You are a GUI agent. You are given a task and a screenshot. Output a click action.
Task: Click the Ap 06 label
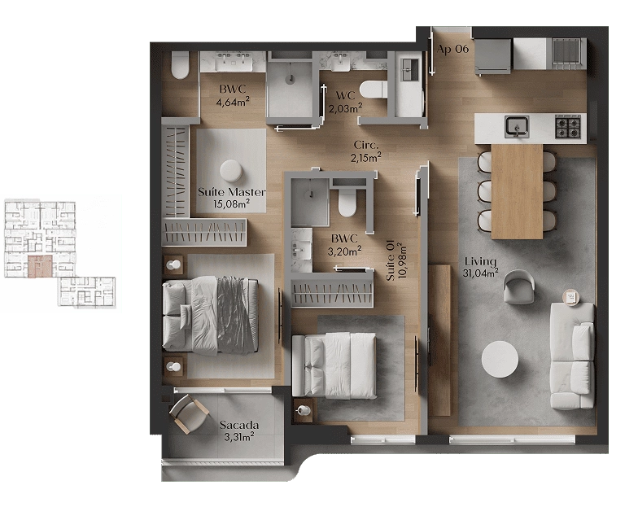tap(452, 49)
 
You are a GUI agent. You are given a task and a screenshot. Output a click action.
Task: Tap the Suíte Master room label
tap(231, 197)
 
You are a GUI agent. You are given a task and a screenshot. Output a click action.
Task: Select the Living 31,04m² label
tap(481, 267)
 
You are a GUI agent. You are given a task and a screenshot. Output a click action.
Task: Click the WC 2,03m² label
tap(345, 102)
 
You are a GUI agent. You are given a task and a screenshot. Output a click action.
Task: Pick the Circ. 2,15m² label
tap(366, 151)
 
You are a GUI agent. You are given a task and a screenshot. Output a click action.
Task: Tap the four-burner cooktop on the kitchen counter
tap(568, 125)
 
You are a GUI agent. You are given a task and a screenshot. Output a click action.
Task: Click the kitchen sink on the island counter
tap(518, 126)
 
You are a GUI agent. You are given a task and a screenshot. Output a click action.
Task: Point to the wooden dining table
tap(518, 192)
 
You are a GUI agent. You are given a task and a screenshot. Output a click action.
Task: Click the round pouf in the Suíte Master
tap(231, 171)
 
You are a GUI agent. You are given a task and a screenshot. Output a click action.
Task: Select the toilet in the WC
tap(374, 90)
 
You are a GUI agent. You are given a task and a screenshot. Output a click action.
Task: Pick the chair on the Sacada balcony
tap(189, 413)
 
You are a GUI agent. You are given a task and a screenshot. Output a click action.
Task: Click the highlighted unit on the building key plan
tap(40, 267)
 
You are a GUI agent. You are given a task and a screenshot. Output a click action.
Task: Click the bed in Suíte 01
tap(334, 365)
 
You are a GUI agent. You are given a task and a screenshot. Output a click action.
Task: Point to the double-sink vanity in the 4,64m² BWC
tap(233, 62)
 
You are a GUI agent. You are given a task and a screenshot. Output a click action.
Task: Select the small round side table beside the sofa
tap(570, 297)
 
